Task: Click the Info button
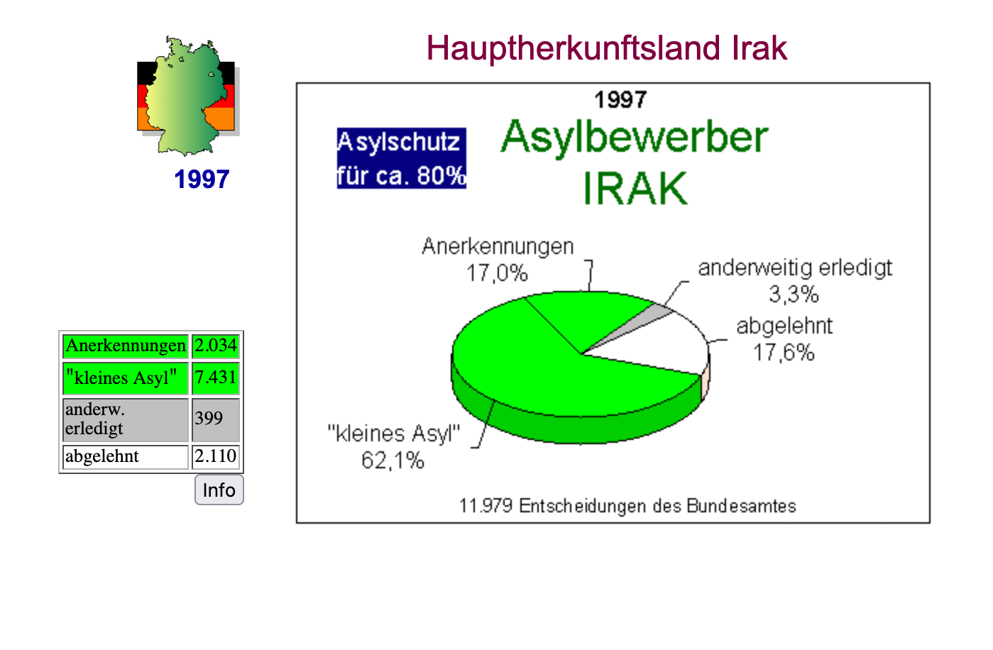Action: (x=219, y=490)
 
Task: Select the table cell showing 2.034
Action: (x=216, y=346)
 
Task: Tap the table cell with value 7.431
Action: (x=216, y=378)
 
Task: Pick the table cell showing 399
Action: (x=216, y=419)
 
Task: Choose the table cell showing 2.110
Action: (x=216, y=457)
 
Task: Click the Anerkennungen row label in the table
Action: (x=126, y=346)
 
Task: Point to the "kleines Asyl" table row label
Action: (x=126, y=378)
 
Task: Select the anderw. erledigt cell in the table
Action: (x=126, y=419)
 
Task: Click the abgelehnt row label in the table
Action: (x=126, y=457)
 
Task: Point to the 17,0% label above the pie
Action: (x=497, y=273)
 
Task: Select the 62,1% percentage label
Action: (x=393, y=461)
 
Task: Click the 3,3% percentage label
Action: (x=794, y=294)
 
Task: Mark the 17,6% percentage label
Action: (x=784, y=353)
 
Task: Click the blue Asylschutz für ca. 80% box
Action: (x=402, y=158)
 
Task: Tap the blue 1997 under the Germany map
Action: (x=202, y=180)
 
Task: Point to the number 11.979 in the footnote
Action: (x=486, y=505)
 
